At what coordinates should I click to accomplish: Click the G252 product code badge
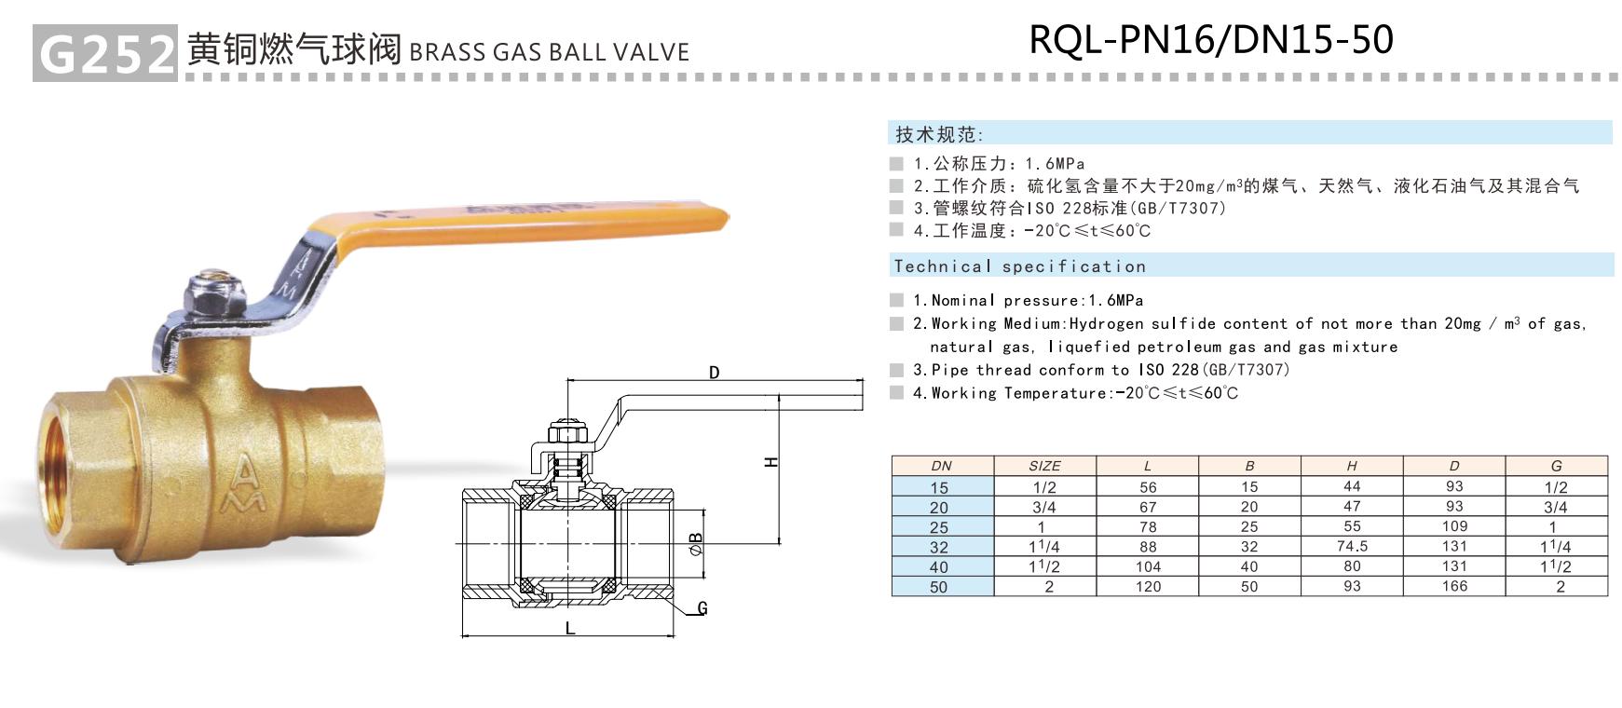[104, 54]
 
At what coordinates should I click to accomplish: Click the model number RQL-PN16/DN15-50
[1210, 39]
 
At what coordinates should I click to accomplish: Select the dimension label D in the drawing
[715, 373]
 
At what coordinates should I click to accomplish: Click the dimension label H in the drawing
[771, 462]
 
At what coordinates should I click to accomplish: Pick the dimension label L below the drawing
[570, 628]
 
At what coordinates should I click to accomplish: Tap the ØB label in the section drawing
[696, 543]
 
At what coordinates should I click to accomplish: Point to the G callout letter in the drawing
[702, 608]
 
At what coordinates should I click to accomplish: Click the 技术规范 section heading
[939, 134]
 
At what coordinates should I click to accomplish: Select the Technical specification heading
[1019, 266]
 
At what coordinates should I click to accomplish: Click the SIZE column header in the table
[1044, 466]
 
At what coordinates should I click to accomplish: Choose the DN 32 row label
[938, 547]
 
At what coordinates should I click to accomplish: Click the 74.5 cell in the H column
[1352, 546]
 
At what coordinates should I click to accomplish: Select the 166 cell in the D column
[1454, 586]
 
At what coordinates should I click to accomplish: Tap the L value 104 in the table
[1148, 566]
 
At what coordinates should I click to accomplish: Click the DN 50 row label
[938, 587]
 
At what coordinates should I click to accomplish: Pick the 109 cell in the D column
[1454, 526]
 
